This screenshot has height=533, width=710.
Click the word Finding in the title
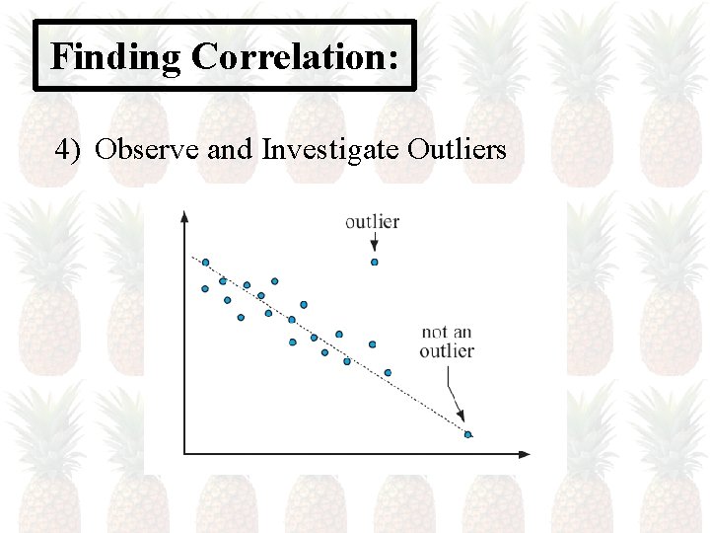pyautogui.click(x=115, y=56)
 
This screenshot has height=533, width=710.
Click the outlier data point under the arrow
pyautogui.click(x=374, y=262)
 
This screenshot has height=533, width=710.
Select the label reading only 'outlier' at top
pyautogui.click(x=372, y=221)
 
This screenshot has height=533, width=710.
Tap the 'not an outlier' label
pyautogui.click(x=447, y=342)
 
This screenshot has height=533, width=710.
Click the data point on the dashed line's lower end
pyautogui.click(x=467, y=434)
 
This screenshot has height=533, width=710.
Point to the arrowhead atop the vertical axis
pyautogui.click(x=184, y=217)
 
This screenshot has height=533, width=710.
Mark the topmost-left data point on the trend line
pyautogui.click(x=205, y=263)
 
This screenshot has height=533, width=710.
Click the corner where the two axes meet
pyautogui.click(x=184, y=454)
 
